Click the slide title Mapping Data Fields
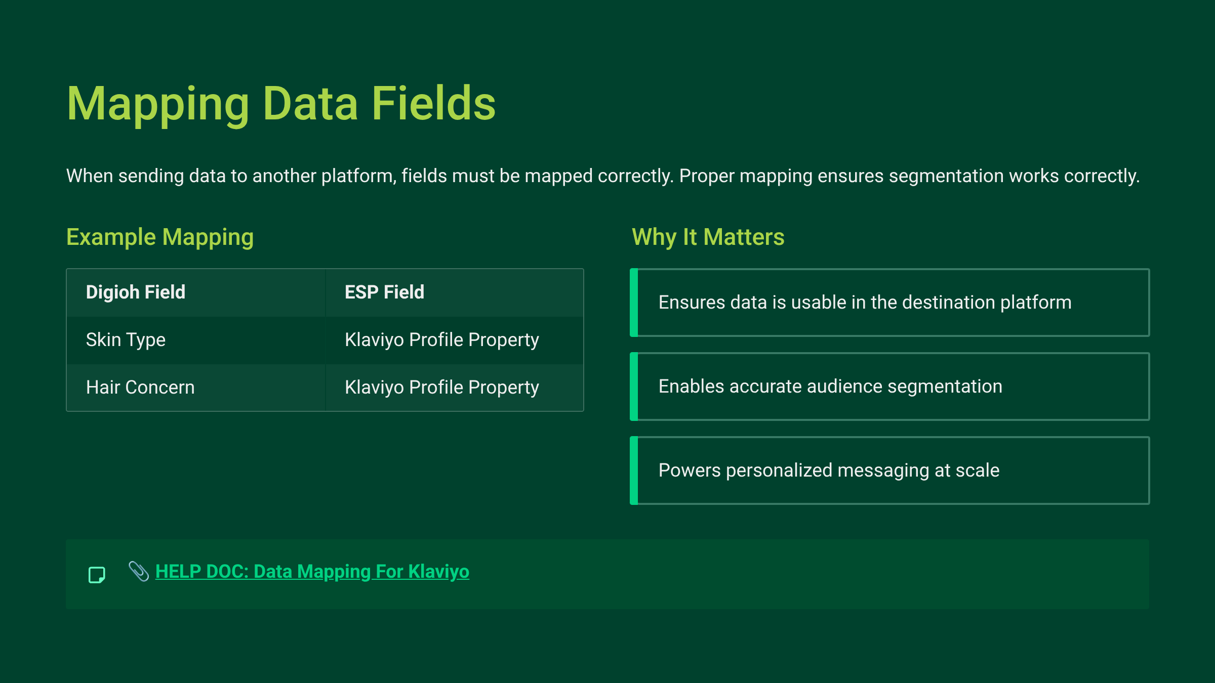pyautogui.click(x=281, y=104)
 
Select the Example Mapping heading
pyautogui.click(x=160, y=237)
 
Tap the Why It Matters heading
pyautogui.click(x=708, y=237)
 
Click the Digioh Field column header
pyautogui.click(x=136, y=292)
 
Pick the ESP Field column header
pyautogui.click(x=384, y=292)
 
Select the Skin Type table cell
pyautogui.click(x=126, y=340)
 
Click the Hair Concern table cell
pyautogui.click(x=140, y=387)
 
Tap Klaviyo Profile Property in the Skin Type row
pyautogui.click(x=442, y=340)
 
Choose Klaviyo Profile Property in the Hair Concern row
pyautogui.click(x=442, y=388)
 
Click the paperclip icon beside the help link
pyautogui.click(x=138, y=572)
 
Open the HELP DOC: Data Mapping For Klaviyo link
pyautogui.click(x=312, y=572)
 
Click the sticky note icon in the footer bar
pyautogui.click(x=97, y=575)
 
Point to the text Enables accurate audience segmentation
pyautogui.click(x=830, y=387)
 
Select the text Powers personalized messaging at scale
pyautogui.click(x=829, y=471)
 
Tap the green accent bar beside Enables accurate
pyautogui.click(x=634, y=387)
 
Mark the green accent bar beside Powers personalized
pyautogui.click(x=634, y=471)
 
